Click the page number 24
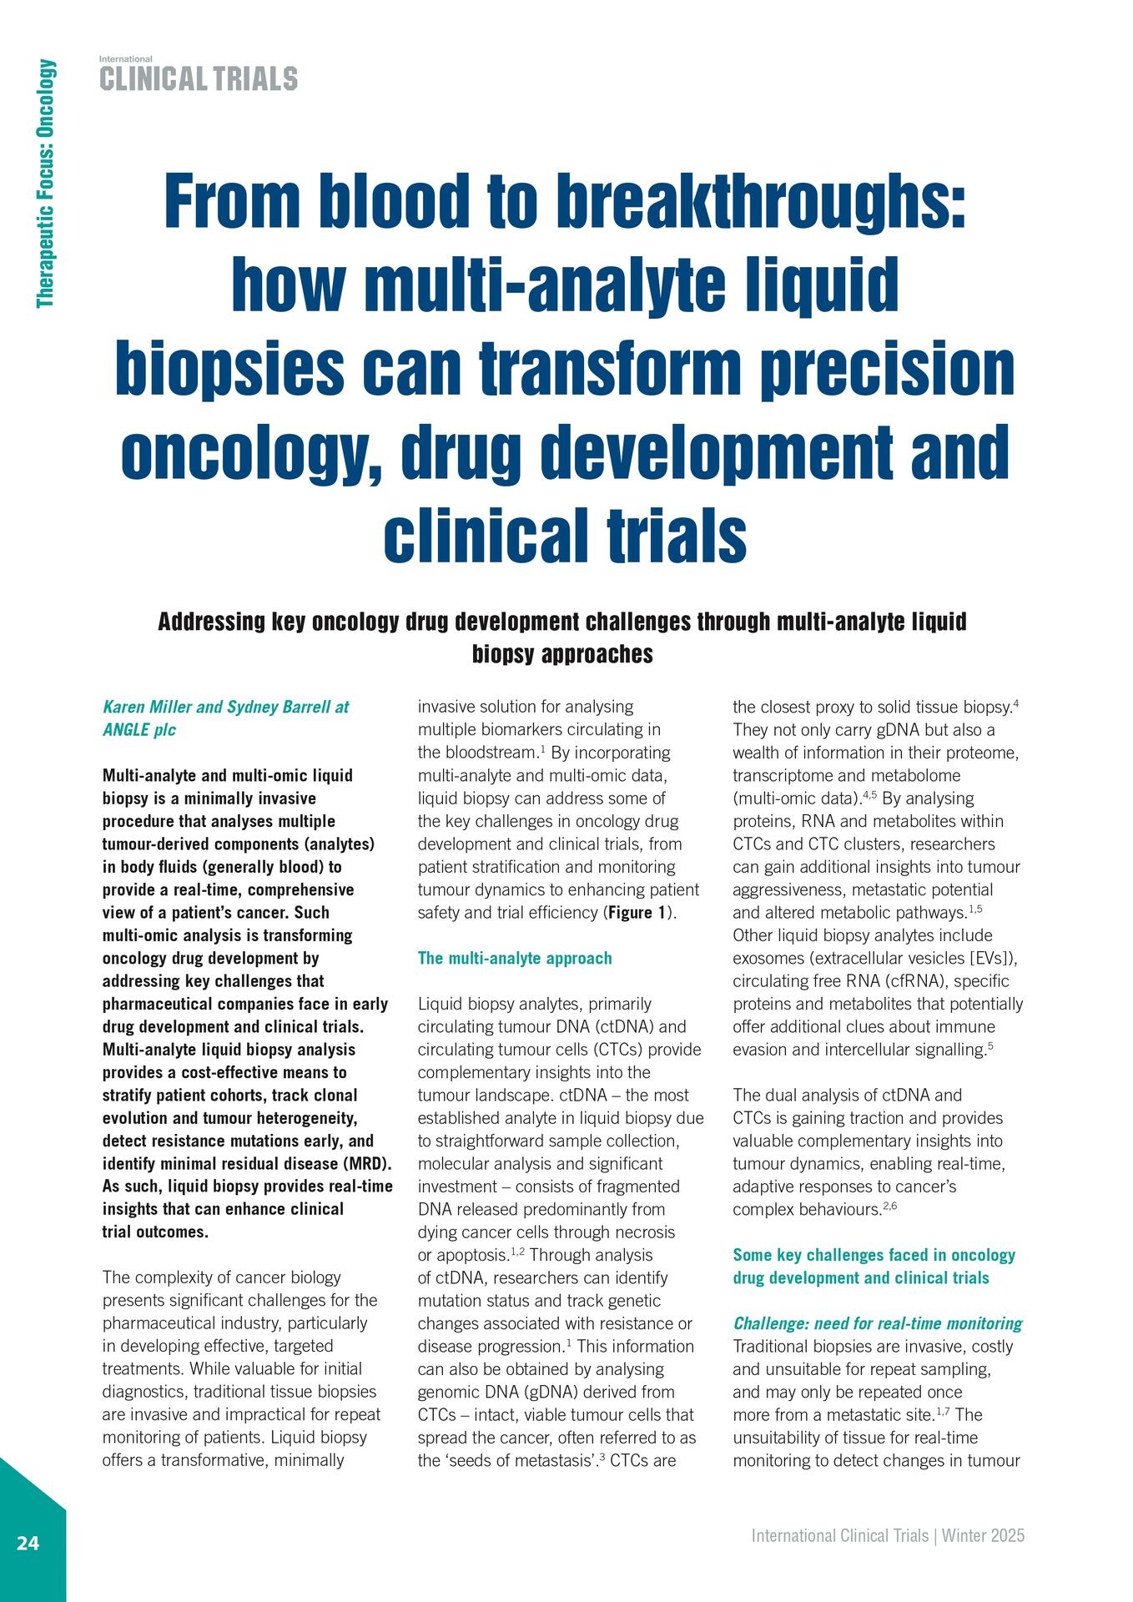(x=28, y=1543)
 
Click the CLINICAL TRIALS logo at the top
(x=199, y=79)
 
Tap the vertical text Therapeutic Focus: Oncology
(x=46, y=184)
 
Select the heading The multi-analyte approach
(x=515, y=958)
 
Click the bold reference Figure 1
(x=637, y=913)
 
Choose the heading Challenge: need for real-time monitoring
(x=878, y=1323)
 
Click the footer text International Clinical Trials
(x=839, y=1536)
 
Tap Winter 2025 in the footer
(x=984, y=1536)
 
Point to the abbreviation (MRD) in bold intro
(x=365, y=1164)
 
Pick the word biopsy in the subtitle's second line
(x=503, y=654)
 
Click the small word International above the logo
(x=126, y=59)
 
